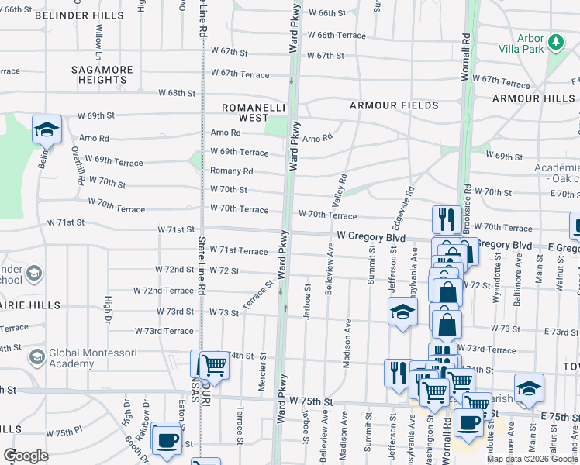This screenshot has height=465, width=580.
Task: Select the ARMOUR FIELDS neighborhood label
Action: (x=393, y=105)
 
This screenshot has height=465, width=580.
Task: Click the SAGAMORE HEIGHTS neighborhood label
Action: (x=102, y=74)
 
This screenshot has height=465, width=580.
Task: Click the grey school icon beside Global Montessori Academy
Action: (x=36, y=357)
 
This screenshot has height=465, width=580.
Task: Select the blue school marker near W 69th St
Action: (x=47, y=129)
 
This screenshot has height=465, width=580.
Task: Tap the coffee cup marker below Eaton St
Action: (x=167, y=439)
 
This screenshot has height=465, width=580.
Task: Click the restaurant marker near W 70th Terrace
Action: (x=447, y=219)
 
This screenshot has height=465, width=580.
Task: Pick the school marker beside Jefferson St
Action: (x=402, y=312)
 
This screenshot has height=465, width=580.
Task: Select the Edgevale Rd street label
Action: (x=409, y=202)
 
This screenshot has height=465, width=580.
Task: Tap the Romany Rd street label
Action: (x=232, y=171)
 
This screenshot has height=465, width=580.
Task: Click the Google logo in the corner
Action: (x=26, y=455)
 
